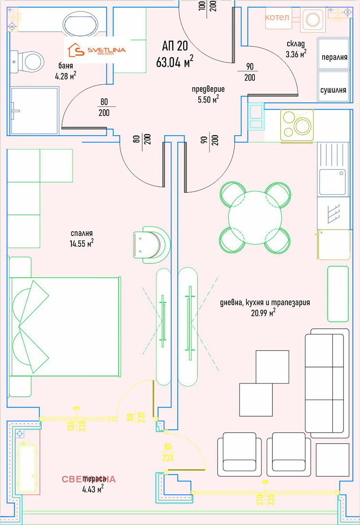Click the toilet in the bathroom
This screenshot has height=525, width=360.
(x=29, y=61)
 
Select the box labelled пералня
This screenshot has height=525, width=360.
(x=334, y=57)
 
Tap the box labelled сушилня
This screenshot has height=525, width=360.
(x=334, y=89)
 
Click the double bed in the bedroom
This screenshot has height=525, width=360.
(x=64, y=326)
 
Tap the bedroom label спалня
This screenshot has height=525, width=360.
(x=80, y=233)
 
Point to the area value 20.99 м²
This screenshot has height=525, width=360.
(x=261, y=312)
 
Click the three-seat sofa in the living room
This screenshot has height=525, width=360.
(x=325, y=383)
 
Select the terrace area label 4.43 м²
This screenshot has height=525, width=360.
(x=93, y=489)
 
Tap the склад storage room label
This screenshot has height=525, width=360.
(x=296, y=44)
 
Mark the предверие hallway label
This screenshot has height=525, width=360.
(x=208, y=89)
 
